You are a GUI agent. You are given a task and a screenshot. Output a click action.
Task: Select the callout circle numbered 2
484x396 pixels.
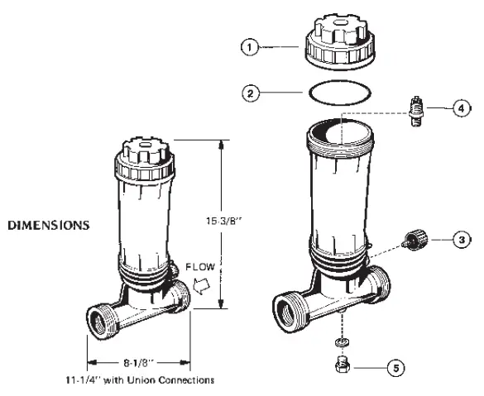251,93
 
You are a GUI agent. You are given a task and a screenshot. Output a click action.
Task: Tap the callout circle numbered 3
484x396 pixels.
462,240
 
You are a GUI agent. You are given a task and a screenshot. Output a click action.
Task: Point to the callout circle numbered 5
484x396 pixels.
396,368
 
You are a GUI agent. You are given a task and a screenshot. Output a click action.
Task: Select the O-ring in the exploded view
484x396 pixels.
338,93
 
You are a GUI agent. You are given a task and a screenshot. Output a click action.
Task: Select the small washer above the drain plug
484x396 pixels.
340,341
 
